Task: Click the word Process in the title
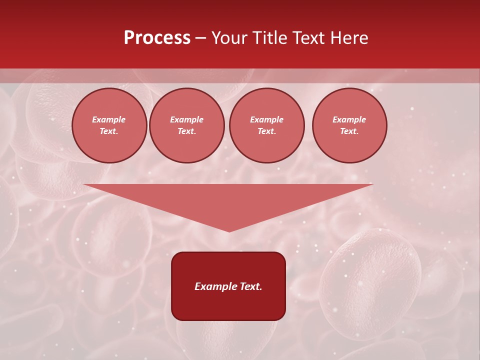pyautogui.click(x=157, y=38)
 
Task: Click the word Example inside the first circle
pyautogui.click(x=109, y=119)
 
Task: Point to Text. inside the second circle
pyautogui.click(x=187, y=131)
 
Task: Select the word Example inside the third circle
pyautogui.click(x=267, y=119)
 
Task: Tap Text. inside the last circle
pyautogui.click(x=349, y=131)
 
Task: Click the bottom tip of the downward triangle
pyautogui.click(x=229, y=230)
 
